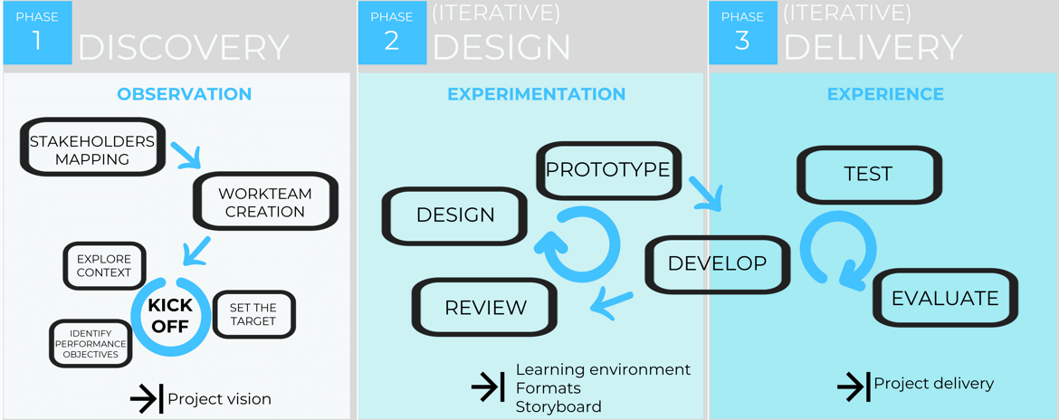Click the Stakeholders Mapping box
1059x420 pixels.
click(92, 149)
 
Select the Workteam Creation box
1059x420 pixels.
click(265, 202)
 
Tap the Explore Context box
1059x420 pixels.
click(104, 265)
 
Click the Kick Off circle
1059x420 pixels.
click(170, 315)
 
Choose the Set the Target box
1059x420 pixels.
click(253, 314)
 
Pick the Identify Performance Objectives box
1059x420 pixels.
click(88, 343)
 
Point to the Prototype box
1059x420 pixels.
click(607, 169)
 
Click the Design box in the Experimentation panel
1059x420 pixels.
click(455, 215)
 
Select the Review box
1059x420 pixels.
click(485, 308)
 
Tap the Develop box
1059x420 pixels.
click(717, 263)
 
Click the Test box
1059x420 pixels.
click(867, 174)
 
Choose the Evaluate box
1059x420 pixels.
click(945, 298)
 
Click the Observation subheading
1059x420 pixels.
click(184, 94)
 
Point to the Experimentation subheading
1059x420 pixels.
click(536, 94)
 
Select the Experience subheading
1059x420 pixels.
click(885, 94)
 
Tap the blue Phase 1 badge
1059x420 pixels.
click(37, 33)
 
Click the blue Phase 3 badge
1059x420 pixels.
click(742, 33)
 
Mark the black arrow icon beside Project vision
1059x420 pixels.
click(146, 398)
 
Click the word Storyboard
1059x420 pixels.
click(558, 406)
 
